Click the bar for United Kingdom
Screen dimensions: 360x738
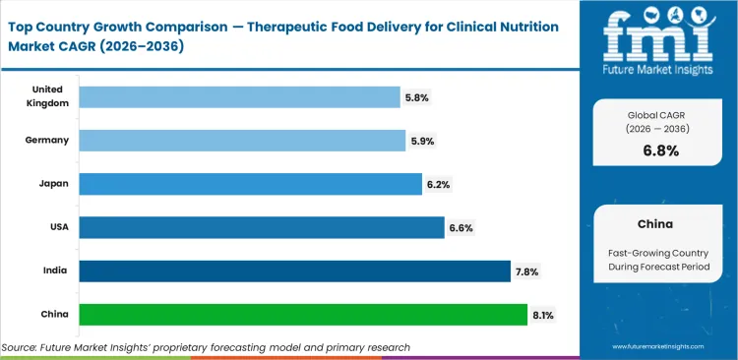pyautogui.click(x=239, y=96)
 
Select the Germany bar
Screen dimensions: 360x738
pyautogui.click(x=242, y=141)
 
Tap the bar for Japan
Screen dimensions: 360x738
pyautogui.click(x=250, y=184)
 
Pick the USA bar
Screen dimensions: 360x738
pyautogui.click(x=261, y=227)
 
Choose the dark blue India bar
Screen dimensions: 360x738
pyautogui.click(x=294, y=270)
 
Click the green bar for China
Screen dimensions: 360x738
pyautogui.click(x=303, y=315)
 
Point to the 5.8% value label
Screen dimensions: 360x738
pyautogui.click(x=416, y=97)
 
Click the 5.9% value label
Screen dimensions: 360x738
pyautogui.click(x=420, y=141)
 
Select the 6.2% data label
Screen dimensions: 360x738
pyautogui.click(x=437, y=184)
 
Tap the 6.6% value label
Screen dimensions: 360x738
pyautogui.click(x=460, y=227)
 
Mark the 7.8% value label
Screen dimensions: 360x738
pyautogui.click(x=526, y=271)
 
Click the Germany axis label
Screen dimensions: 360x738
pyautogui.click(x=47, y=141)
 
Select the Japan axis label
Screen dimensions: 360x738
pyautogui.click(x=53, y=184)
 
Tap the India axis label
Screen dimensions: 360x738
pyautogui.click(x=54, y=270)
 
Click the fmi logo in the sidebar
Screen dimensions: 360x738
pyautogui.click(x=658, y=39)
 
